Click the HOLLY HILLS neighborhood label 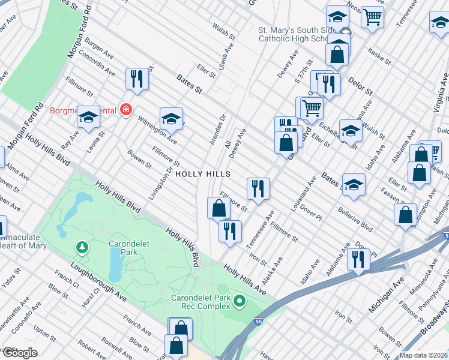point(202,174)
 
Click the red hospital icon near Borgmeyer point(125,109)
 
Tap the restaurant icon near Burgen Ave point(137,79)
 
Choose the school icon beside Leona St point(88,118)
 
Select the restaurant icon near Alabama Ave point(358,260)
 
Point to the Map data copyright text point(424,355)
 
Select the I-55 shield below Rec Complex point(259,322)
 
